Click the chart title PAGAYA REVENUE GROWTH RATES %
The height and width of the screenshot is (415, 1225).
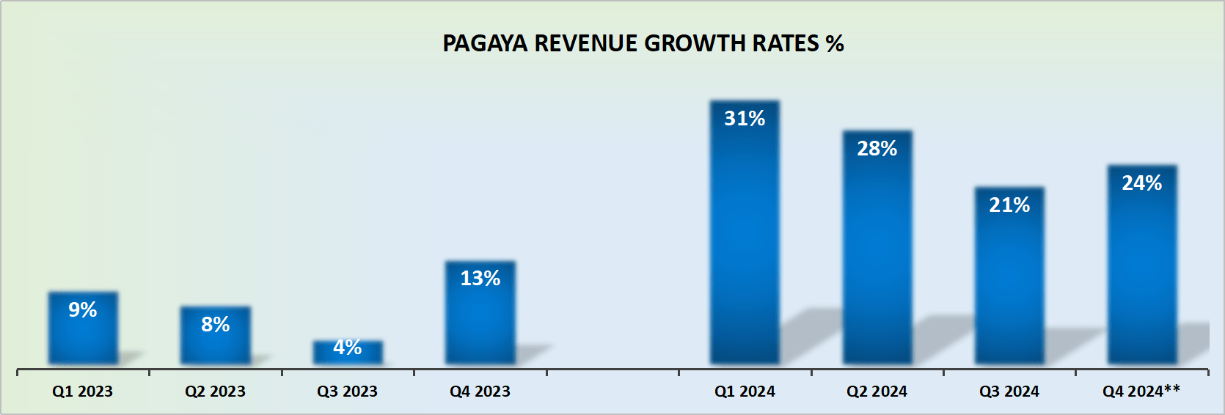tap(643, 44)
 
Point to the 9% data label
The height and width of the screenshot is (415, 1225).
tap(83, 310)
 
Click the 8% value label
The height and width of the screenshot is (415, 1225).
tap(216, 325)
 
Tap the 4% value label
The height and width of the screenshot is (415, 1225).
tap(348, 348)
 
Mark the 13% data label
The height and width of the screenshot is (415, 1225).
tap(480, 279)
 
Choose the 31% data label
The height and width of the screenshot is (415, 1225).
tap(745, 119)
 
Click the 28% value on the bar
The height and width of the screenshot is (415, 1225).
tap(877, 149)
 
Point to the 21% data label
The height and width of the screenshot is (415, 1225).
tap(1009, 205)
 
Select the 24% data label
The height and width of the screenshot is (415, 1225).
tap(1142, 183)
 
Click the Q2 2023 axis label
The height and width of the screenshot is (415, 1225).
tap(215, 392)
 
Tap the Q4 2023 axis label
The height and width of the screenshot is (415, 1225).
tap(480, 392)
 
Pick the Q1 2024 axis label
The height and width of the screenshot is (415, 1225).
tap(745, 392)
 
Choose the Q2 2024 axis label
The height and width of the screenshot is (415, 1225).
tap(877, 392)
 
